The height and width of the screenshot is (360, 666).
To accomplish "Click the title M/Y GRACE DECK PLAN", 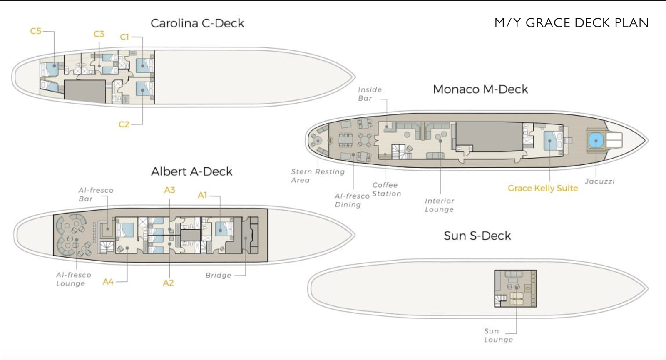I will pyautogui.click(x=571, y=23).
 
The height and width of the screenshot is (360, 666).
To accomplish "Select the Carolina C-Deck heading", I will pyautogui.click(x=197, y=23).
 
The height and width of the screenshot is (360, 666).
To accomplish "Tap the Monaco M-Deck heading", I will pyautogui.click(x=480, y=89).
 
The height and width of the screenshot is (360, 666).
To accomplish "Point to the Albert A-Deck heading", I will pyautogui.click(x=191, y=171).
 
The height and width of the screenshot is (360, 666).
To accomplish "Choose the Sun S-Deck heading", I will pyautogui.click(x=477, y=236).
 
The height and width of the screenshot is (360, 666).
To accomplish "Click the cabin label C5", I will pyautogui.click(x=36, y=31).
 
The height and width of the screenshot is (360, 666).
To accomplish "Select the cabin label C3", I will pyautogui.click(x=99, y=34).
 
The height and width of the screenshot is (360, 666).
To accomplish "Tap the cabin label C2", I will pyautogui.click(x=124, y=124).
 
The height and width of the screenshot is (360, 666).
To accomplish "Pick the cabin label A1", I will pyautogui.click(x=202, y=195).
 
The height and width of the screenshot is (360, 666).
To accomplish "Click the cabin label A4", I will pyautogui.click(x=108, y=282).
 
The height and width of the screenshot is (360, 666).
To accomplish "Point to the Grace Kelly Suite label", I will pyautogui.click(x=543, y=188).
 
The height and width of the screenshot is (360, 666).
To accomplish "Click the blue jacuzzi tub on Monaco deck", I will pyautogui.click(x=596, y=140).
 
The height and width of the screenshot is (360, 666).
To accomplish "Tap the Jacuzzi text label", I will pyautogui.click(x=599, y=181).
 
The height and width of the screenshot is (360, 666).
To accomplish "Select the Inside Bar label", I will pyautogui.click(x=370, y=94).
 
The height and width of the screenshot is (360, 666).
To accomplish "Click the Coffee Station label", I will pyautogui.click(x=386, y=189).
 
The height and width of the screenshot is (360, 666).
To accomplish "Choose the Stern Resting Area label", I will pyautogui.click(x=318, y=176).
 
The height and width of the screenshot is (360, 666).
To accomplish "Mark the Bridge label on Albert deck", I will pyautogui.click(x=218, y=276).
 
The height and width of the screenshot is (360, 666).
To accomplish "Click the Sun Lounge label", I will pyautogui.click(x=498, y=335).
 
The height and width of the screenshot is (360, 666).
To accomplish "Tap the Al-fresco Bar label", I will pyautogui.click(x=96, y=194).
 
